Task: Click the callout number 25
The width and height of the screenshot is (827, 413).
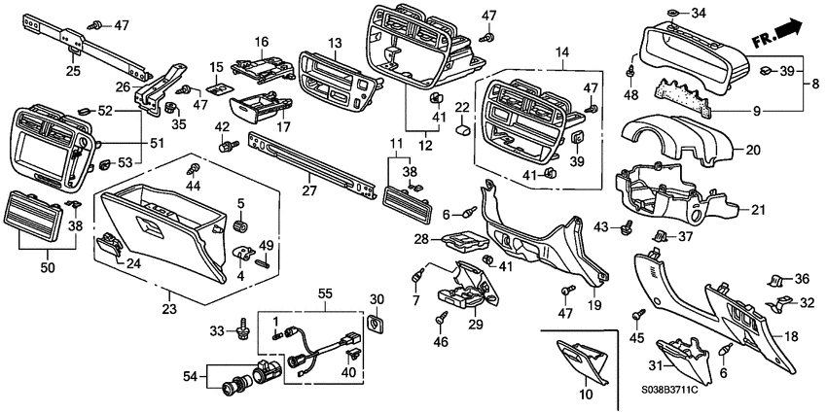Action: pos(74,71)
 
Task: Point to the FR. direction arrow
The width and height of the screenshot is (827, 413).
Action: pos(778,36)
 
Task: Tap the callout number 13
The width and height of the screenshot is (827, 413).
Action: pos(335,43)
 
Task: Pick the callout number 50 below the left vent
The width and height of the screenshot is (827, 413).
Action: pos(48,264)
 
